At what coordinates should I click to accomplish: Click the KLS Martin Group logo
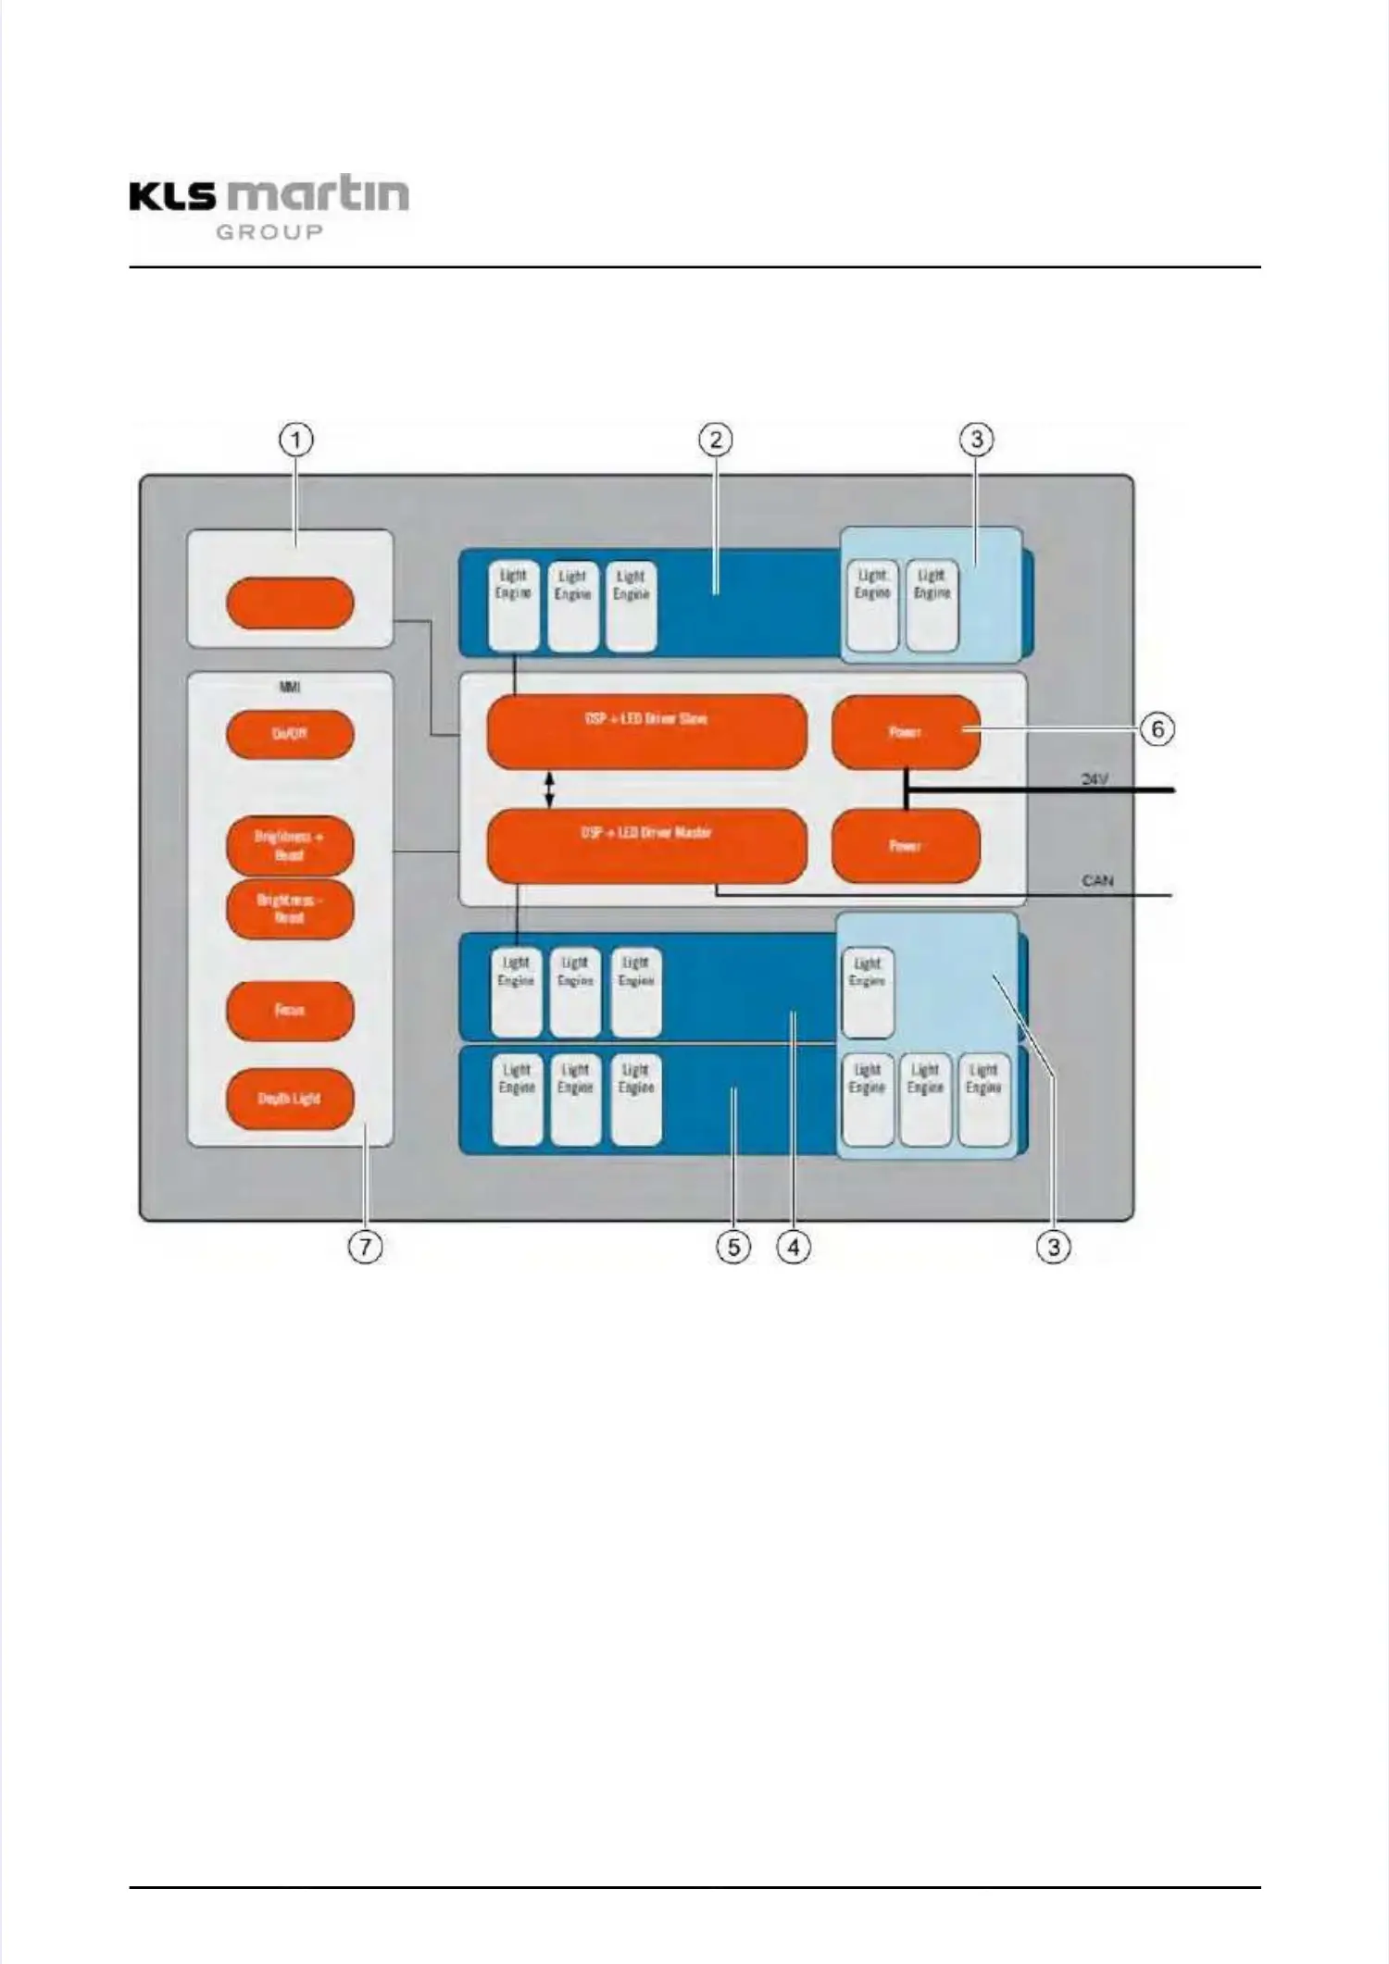tap(269, 206)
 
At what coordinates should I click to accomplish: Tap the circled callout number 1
tap(296, 439)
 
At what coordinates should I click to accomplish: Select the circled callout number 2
tap(715, 439)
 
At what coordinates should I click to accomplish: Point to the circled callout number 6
tap(1157, 729)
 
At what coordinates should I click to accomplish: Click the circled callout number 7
tap(365, 1247)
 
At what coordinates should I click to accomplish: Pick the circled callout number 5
tap(733, 1247)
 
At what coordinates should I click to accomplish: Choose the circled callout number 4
tap(794, 1247)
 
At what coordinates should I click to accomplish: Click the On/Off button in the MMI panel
tap(290, 734)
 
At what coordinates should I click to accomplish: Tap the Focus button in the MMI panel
tap(290, 1010)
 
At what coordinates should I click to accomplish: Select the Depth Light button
tap(290, 1099)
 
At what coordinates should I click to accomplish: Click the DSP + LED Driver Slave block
tap(646, 731)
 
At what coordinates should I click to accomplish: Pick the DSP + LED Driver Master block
tap(646, 845)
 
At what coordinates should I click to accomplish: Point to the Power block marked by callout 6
tap(906, 732)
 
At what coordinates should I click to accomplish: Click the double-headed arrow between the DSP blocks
tap(549, 789)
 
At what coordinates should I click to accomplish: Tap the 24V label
tap(1095, 779)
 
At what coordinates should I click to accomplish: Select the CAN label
tap(1097, 880)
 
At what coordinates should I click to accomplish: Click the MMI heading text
tap(290, 687)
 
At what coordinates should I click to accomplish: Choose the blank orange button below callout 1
tap(290, 603)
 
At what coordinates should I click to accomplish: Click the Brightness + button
tap(290, 845)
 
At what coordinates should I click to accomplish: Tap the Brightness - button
tap(290, 908)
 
